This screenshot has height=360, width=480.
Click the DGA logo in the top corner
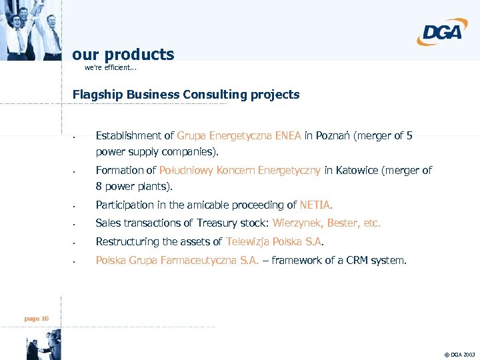click(442, 31)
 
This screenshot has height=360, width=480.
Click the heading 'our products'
click(123, 55)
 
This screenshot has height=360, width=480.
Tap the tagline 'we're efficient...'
click(110, 67)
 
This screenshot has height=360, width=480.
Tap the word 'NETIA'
click(315, 205)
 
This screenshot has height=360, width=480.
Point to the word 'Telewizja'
click(249, 241)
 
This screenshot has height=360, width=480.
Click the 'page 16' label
click(36, 319)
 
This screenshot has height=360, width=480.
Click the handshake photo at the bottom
click(43, 347)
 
